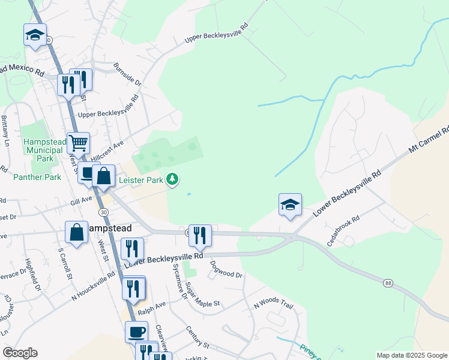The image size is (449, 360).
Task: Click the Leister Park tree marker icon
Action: (173, 179)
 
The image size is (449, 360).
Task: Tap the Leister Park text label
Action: (140, 179)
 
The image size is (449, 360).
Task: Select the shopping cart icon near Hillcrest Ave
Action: (78, 143)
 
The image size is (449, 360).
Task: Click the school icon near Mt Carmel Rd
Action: (290, 205)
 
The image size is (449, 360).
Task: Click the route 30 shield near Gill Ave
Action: (104, 212)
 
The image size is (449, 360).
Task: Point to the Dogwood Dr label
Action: (226, 269)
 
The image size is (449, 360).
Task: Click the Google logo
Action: (20, 353)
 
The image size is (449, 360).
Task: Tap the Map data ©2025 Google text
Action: (412, 355)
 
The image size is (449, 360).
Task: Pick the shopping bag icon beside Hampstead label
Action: (77, 232)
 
